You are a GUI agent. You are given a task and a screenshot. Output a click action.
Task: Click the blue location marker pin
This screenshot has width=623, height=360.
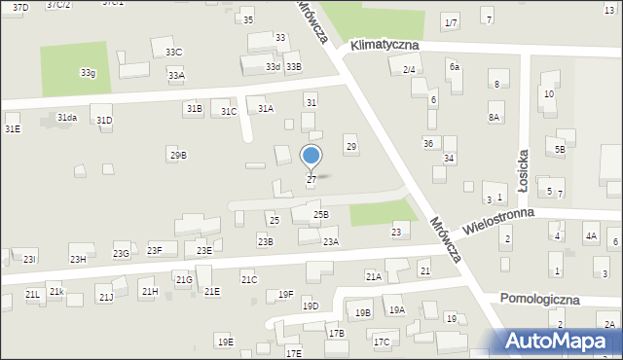[x=311, y=157]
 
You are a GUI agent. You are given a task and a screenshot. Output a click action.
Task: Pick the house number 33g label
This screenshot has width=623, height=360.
[x=88, y=72]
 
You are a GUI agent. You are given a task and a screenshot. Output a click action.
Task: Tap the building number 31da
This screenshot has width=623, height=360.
[x=66, y=118]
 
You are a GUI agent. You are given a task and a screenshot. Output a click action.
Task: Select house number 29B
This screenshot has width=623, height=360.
[x=177, y=155]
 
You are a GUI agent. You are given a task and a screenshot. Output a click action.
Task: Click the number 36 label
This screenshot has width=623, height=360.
[x=428, y=143]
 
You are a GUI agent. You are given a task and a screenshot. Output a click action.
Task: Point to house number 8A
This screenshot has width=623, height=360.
[x=495, y=118]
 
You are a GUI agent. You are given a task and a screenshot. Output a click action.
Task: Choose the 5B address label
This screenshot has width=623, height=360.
[x=560, y=149]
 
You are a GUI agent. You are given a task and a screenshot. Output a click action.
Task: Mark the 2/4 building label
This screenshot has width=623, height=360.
[x=409, y=69]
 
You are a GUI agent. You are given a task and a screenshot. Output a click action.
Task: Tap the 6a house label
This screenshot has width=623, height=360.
[x=454, y=66]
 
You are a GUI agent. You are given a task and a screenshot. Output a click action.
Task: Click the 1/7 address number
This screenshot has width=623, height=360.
[x=450, y=22]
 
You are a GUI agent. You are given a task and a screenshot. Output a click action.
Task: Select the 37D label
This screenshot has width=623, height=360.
[x=20, y=7]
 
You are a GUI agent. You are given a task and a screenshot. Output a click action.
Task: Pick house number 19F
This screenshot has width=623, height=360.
[x=285, y=294]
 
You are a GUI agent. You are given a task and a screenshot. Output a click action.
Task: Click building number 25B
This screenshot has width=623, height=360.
[x=320, y=214]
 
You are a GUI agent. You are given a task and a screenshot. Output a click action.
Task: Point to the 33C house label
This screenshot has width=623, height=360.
[x=173, y=52]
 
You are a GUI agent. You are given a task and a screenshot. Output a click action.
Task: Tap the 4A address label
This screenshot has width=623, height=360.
[x=590, y=236]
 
